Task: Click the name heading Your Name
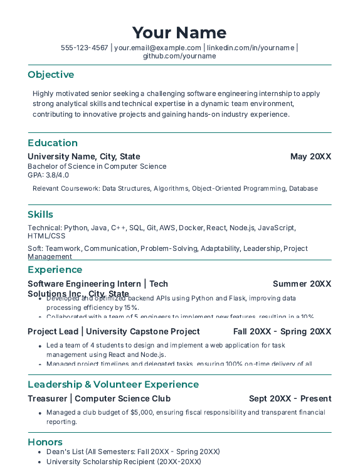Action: click(x=179, y=33)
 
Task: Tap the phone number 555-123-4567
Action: click(x=84, y=48)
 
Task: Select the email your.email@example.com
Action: click(x=157, y=48)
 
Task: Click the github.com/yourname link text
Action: click(x=179, y=56)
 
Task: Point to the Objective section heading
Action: click(x=51, y=75)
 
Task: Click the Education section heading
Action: click(x=53, y=143)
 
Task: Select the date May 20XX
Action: click(x=310, y=156)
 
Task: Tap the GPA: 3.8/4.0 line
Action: click(x=48, y=175)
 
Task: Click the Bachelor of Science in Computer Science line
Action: click(x=97, y=166)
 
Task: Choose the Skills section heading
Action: click(x=40, y=214)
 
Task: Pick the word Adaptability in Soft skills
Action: click(x=220, y=248)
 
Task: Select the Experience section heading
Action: click(x=55, y=270)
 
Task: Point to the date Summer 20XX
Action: click(x=302, y=283)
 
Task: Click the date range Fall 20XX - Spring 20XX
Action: click(x=282, y=331)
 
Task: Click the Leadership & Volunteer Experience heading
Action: click(x=113, y=384)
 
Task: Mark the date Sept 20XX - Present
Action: click(x=290, y=398)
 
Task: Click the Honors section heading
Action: click(x=45, y=442)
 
